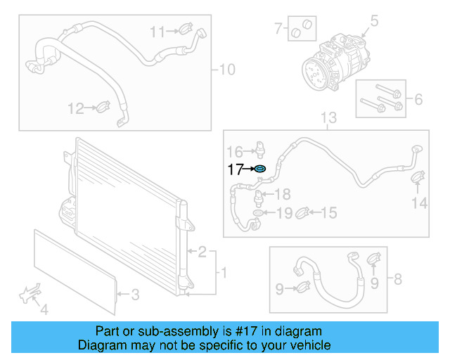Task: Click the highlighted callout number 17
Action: coord(234,169)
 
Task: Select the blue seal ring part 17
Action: coord(259,169)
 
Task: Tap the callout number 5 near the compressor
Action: coord(374,21)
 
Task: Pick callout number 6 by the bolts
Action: coord(418,99)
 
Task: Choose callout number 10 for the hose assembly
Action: coord(227,70)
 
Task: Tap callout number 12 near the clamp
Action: coord(75,108)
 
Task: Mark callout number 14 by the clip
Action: coord(419,203)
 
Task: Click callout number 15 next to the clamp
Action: coord(329,212)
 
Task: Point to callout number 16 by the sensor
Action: coord(234,150)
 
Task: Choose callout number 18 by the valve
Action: coord(282,194)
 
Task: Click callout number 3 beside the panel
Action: coord(136,295)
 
